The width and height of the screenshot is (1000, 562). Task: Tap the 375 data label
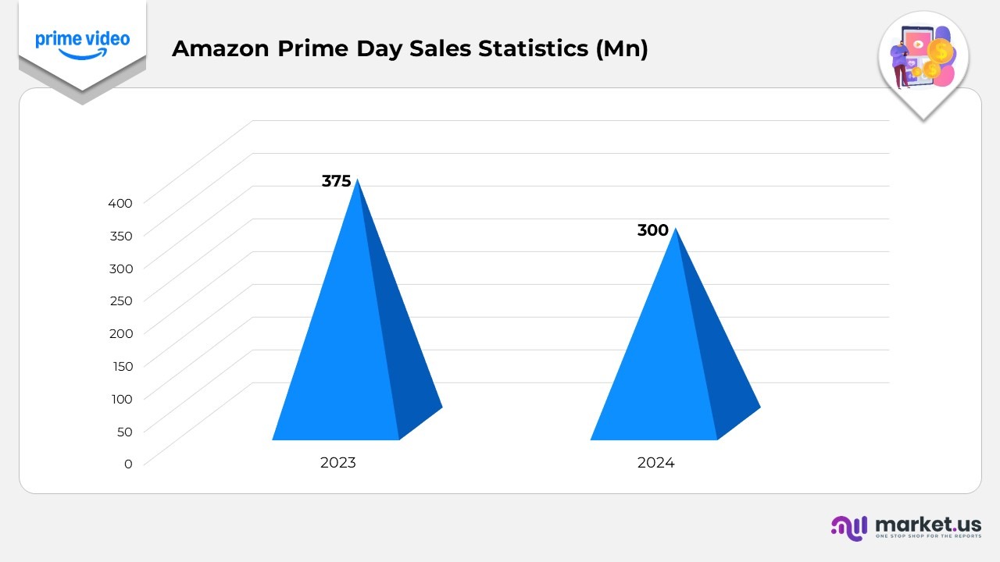(x=336, y=181)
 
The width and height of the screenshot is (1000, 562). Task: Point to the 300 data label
(x=652, y=230)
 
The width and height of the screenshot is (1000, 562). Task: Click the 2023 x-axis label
(x=337, y=462)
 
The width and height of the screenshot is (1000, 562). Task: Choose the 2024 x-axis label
(x=655, y=462)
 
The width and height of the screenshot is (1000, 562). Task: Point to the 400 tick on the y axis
(x=120, y=202)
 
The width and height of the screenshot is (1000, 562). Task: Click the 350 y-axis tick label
(x=120, y=235)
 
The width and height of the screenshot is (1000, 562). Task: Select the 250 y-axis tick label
(x=120, y=300)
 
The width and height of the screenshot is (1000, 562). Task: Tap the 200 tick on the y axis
(x=120, y=333)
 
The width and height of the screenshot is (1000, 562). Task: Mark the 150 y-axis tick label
(x=120, y=365)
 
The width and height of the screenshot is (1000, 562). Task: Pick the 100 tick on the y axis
(x=120, y=398)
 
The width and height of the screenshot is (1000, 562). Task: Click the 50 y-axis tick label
(x=124, y=431)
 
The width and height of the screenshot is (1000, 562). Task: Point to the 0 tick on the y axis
(x=128, y=463)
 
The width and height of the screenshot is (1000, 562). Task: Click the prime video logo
(x=82, y=44)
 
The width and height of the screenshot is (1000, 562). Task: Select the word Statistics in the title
(x=534, y=48)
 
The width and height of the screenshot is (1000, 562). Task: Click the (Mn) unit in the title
(x=622, y=48)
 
